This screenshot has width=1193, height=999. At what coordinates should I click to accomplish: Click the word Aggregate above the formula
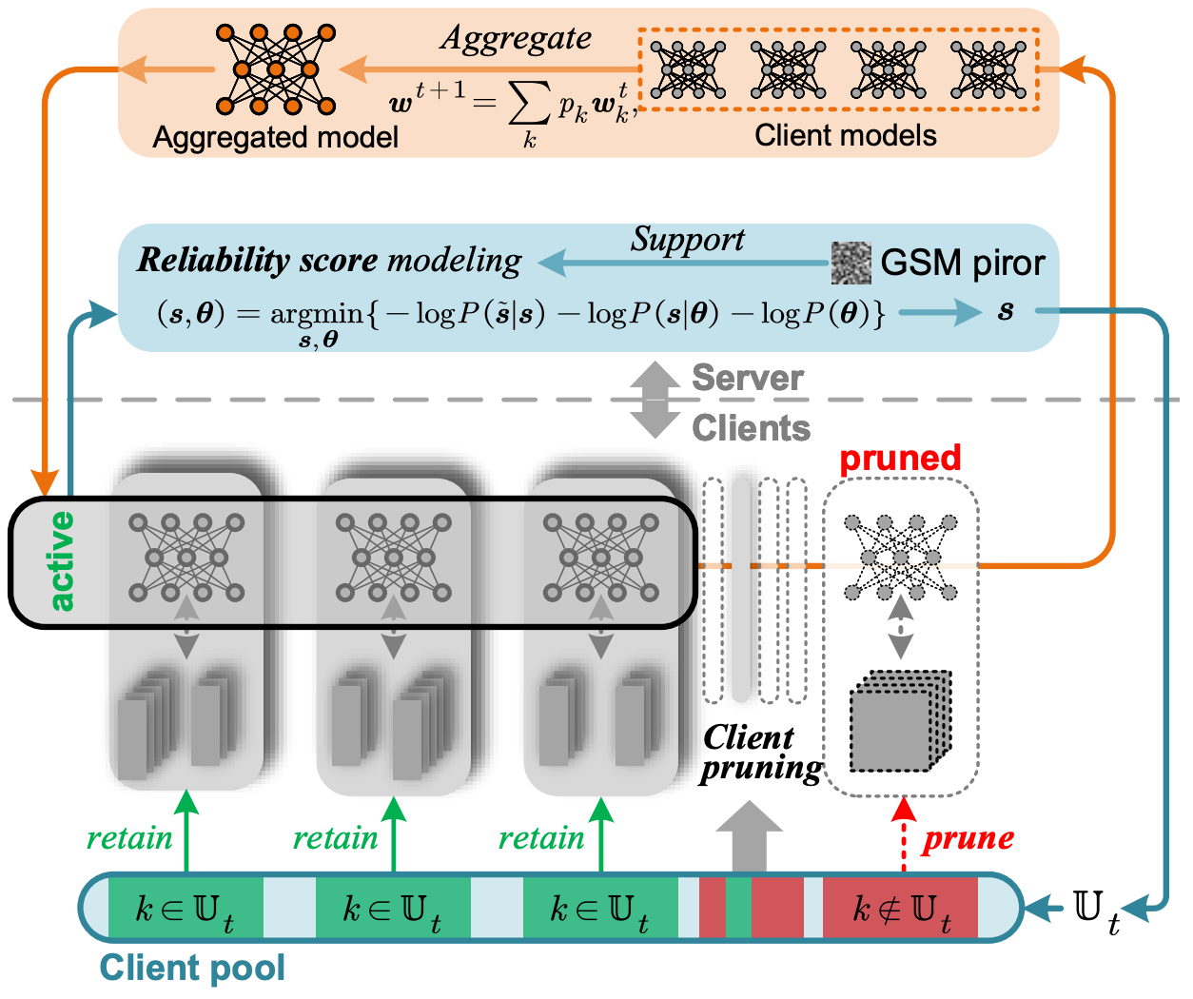pyautogui.click(x=516, y=38)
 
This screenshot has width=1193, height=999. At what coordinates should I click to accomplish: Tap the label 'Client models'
pyautogui.click(x=845, y=136)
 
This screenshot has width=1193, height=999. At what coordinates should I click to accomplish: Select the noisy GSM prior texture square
pyautogui.click(x=851, y=263)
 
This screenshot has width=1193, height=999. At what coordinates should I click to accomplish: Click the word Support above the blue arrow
pyautogui.click(x=687, y=240)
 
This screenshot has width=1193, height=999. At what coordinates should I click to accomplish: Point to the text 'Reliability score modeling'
pyautogui.click(x=329, y=261)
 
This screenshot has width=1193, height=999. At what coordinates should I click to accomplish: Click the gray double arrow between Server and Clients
pyautogui.click(x=655, y=400)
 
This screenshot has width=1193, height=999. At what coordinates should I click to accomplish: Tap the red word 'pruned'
pyautogui.click(x=899, y=459)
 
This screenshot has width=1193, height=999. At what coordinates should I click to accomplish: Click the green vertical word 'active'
pyautogui.click(x=62, y=560)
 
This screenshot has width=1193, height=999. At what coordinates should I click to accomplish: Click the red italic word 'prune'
pyautogui.click(x=968, y=838)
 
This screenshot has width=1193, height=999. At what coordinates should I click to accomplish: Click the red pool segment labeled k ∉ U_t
pyautogui.click(x=900, y=909)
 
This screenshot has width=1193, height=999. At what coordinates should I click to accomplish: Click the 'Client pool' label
pyautogui.click(x=192, y=969)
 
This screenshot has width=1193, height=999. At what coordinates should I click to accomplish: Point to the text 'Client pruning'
pyautogui.click(x=759, y=753)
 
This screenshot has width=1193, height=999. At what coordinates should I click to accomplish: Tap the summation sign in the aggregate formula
pyautogui.click(x=529, y=108)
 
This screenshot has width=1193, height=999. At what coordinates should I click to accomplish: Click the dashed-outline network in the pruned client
pyautogui.click(x=900, y=557)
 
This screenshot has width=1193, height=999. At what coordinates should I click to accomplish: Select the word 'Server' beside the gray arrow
pyautogui.click(x=747, y=378)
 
